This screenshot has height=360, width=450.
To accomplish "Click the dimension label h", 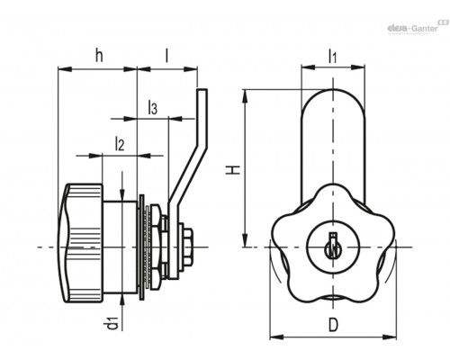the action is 99,55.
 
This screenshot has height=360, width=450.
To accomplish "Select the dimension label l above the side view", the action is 167,55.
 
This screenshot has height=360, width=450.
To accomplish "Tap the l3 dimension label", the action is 152,108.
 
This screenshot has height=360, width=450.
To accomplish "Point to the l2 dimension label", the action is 120,144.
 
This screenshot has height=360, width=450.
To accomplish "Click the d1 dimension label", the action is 113,322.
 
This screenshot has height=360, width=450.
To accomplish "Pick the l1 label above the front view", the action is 333,56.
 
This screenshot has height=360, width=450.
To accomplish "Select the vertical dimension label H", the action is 233,170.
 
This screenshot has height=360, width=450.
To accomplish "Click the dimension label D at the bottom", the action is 333,325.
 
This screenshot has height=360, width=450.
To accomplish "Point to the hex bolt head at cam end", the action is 187,247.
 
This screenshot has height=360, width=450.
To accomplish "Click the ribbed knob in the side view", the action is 81,243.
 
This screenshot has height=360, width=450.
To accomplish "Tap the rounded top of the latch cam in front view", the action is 333,99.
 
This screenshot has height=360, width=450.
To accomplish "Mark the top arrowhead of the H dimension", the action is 245,96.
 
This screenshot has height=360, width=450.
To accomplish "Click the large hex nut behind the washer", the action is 155,247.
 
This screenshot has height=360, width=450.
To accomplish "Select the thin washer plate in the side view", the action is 142,247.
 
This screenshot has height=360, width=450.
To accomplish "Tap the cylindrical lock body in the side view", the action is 120,247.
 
